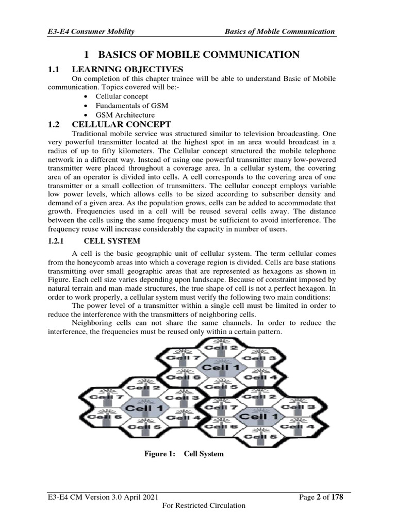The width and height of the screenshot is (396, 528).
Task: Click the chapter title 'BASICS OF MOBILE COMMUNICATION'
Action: pos(199,55)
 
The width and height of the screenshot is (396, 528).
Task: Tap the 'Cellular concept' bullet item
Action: pos(122,96)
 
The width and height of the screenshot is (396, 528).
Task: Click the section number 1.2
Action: pos(54,125)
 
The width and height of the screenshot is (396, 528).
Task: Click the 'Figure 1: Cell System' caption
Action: pos(184,454)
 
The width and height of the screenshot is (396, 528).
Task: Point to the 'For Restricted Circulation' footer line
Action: pos(204,506)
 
